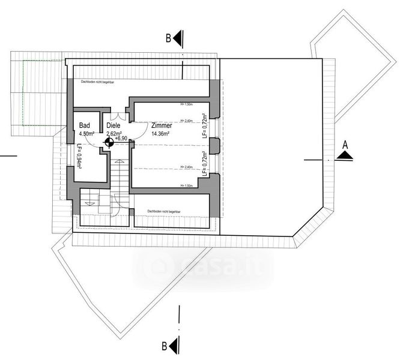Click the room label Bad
85,126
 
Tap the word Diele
114,126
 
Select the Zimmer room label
162,126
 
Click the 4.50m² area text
87,134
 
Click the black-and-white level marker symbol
109,142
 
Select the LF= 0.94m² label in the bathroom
79,160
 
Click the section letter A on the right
345,145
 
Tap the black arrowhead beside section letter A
345,155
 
